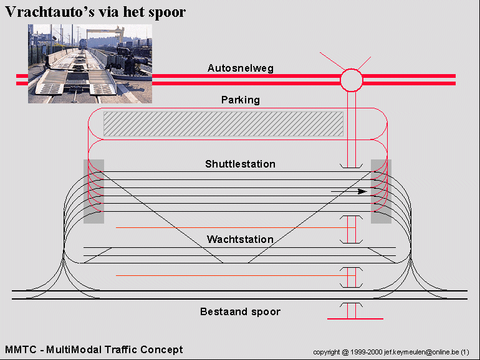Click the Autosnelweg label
point(240,68)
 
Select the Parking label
point(240,100)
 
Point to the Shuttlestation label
point(240,164)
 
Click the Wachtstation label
point(240,239)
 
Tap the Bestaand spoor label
point(240,311)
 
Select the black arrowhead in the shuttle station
point(362,191)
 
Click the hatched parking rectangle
point(223,124)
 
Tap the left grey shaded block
point(94,191)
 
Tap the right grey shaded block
point(381,191)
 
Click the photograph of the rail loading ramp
point(90,64)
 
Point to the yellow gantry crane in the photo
point(105,34)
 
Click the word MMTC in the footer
point(21,349)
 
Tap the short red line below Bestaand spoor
point(355,319)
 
